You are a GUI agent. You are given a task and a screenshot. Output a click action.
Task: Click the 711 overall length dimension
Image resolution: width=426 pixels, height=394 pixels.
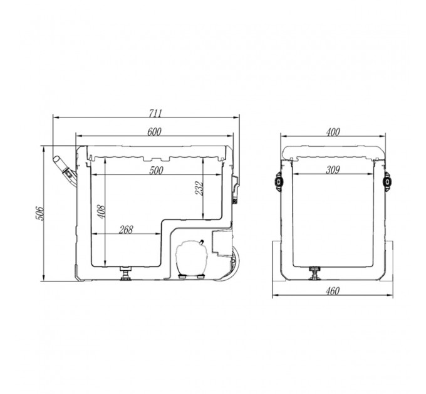pos(155,113)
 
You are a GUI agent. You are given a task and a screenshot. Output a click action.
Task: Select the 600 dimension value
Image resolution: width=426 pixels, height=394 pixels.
pos(154,132)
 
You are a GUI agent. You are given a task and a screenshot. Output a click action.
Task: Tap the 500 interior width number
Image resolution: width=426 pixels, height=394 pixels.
pos(156,170)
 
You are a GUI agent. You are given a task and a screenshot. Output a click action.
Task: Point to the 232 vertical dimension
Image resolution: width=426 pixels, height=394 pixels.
pos(199,188)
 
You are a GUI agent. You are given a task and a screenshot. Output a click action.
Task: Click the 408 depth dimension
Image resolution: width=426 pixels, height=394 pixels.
pos(101,211)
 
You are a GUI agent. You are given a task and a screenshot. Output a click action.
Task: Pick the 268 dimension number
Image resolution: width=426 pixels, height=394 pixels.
pos(126,230)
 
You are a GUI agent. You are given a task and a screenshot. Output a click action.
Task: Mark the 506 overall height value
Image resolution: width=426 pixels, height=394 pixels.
pos(39,213)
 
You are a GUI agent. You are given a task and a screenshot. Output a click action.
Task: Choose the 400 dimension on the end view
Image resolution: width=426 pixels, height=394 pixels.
pos(333,132)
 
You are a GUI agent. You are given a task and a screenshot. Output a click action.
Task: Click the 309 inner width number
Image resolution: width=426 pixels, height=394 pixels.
pos(333,169)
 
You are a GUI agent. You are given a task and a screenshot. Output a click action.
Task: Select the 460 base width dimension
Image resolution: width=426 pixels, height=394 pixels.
pos(333,291)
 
